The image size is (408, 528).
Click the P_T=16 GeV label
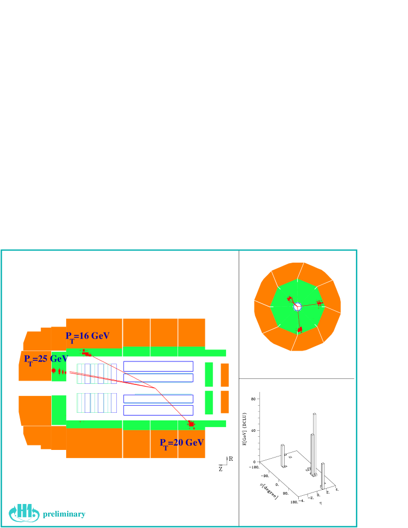(x=87, y=336)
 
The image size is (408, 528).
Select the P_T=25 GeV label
(x=45, y=359)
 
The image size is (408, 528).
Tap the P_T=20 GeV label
(x=181, y=443)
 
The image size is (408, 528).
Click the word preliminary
(x=64, y=514)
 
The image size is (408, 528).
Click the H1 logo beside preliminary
(x=24, y=512)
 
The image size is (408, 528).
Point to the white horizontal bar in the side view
(x=214, y=389)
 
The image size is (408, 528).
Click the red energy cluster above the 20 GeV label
(x=191, y=424)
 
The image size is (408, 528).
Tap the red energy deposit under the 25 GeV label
(x=54, y=371)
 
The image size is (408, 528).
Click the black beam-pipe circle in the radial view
(x=297, y=307)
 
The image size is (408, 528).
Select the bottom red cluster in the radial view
(x=299, y=330)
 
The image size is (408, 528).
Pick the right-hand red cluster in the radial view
(x=320, y=302)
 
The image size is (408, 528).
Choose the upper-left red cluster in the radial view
(x=289, y=298)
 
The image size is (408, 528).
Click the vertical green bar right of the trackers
(x=209, y=388)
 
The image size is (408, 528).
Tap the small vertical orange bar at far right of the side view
(x=224, y=388)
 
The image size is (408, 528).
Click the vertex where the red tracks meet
(x=155, y=388)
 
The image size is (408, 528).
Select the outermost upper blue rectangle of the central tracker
(x=158, y=366)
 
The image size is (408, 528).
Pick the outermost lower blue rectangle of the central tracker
(x=158, y=410)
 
